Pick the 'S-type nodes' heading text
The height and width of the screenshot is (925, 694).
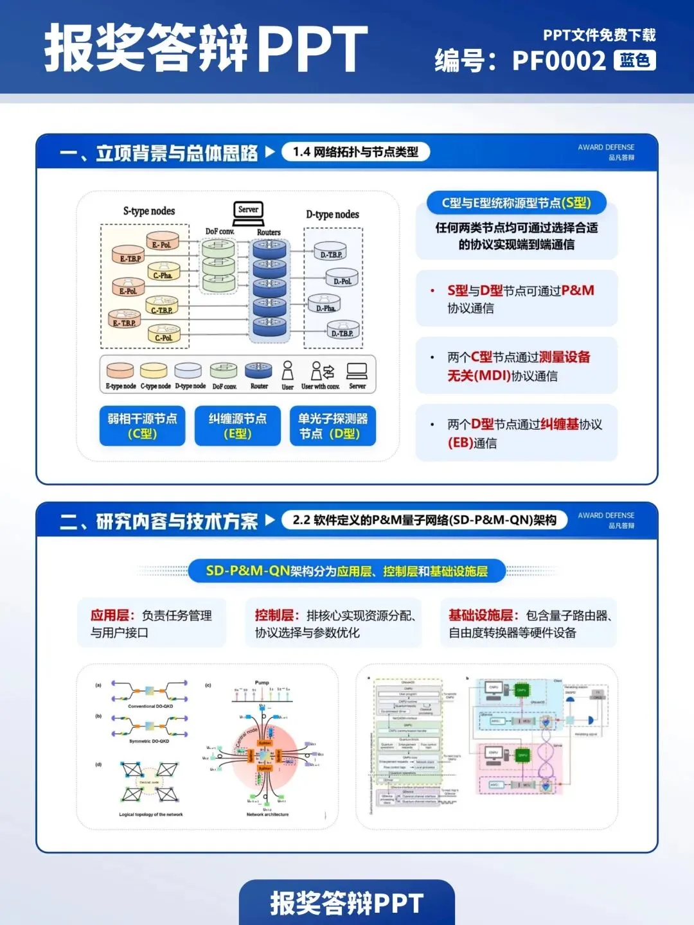pos(149,211)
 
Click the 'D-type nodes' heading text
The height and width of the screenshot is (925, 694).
pos(332,214)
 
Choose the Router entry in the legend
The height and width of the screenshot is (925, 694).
pos(259,372)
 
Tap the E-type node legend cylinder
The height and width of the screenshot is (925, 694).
pos(120,371)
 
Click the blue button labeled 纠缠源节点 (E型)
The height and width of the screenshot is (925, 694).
pos(238,425)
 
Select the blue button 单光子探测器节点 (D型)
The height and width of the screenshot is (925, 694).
pos(332,425)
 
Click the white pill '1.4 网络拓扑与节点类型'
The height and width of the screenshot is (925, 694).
pos(355,152)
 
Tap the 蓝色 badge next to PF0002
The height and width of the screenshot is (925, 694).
pos(635,60)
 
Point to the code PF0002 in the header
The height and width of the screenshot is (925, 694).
pos(558,61)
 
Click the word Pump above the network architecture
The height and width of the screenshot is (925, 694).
pos(262,683)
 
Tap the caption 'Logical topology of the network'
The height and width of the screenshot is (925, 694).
pos(151,815)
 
